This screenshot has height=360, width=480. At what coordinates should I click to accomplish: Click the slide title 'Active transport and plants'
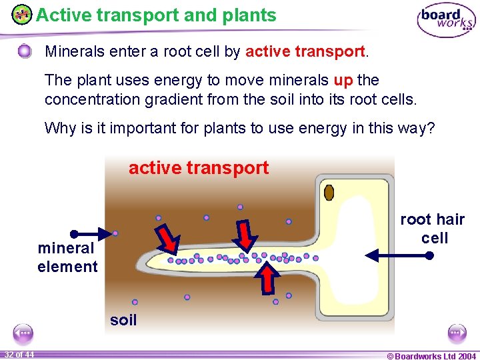(156, 15)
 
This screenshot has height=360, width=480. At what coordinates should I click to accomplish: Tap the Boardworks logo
(446, 20)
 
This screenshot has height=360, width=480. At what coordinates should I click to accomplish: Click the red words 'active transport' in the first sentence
(305, 51)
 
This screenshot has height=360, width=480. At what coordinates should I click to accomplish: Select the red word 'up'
(343, 81)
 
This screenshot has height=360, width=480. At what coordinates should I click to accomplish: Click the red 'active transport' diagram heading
(199, 168)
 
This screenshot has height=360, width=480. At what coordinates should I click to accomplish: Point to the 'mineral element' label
(67, 257)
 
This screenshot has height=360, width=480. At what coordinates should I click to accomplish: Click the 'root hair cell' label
(432, 229)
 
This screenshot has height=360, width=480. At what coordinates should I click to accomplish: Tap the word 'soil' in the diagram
(123, 320)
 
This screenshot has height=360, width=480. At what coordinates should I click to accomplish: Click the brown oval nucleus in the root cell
(329, 193)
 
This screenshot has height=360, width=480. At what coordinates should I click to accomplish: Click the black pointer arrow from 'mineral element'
(93, 233)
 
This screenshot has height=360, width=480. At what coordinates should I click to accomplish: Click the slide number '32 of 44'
(19, 354)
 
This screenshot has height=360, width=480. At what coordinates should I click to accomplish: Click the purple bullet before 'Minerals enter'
(25, 51)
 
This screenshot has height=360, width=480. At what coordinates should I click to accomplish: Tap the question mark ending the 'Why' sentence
(430, 128)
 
